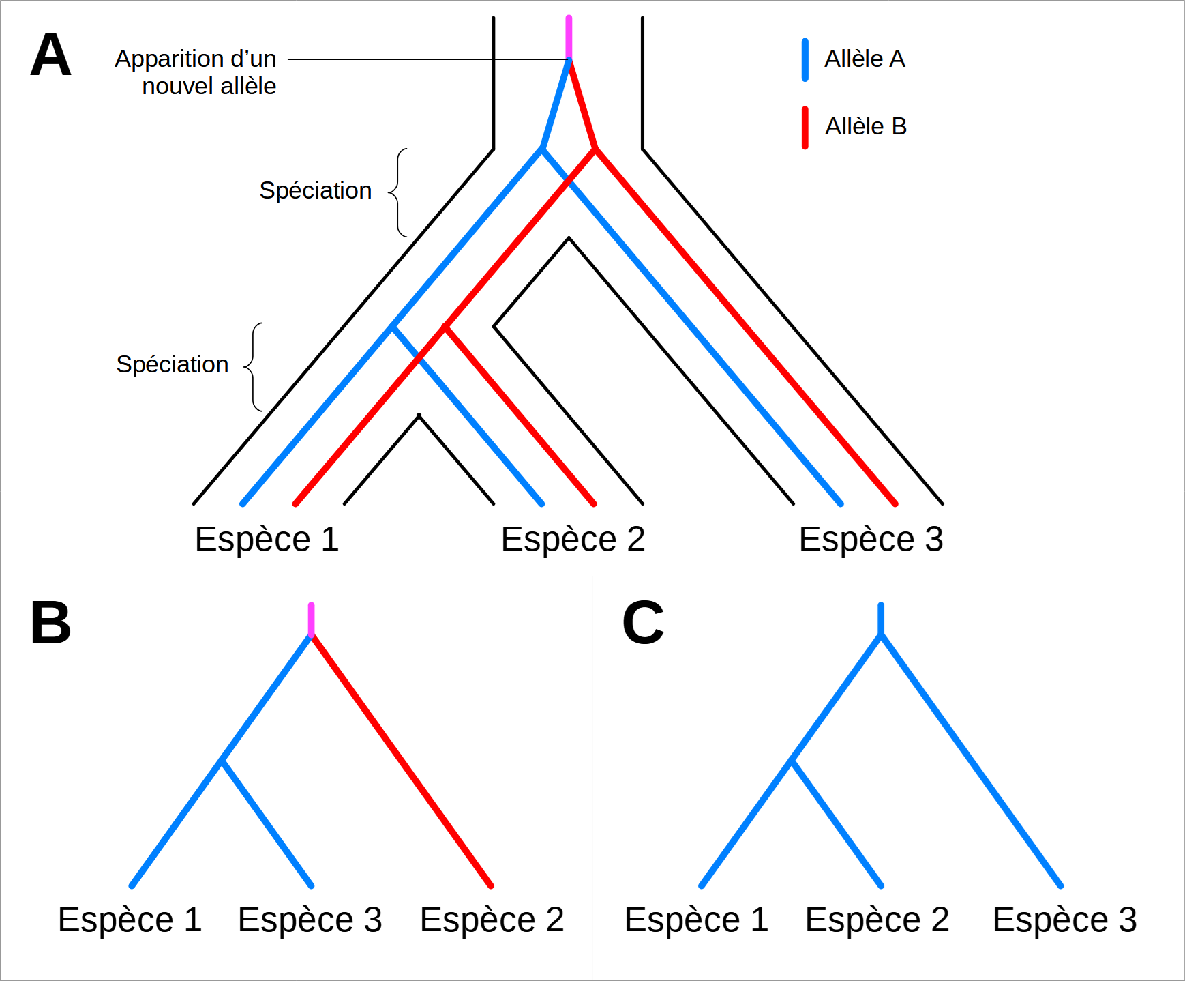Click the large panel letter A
[50, 55]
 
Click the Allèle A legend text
[865, 59]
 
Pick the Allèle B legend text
[865, 127]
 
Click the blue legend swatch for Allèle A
[805, 60]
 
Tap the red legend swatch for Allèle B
[805, 128]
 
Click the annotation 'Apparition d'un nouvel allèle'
[196, 72]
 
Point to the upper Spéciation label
[315, 191]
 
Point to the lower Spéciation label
[172, 365]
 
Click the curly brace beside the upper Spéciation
[400, 192]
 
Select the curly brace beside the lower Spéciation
[254, 367]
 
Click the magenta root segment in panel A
[569, 37]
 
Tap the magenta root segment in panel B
[311, 619]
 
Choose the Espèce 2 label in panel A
[573, 540]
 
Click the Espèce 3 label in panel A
[871, 540]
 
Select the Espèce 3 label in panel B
[310, 920]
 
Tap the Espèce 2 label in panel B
[492, 920]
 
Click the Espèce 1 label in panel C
[696, 920]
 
